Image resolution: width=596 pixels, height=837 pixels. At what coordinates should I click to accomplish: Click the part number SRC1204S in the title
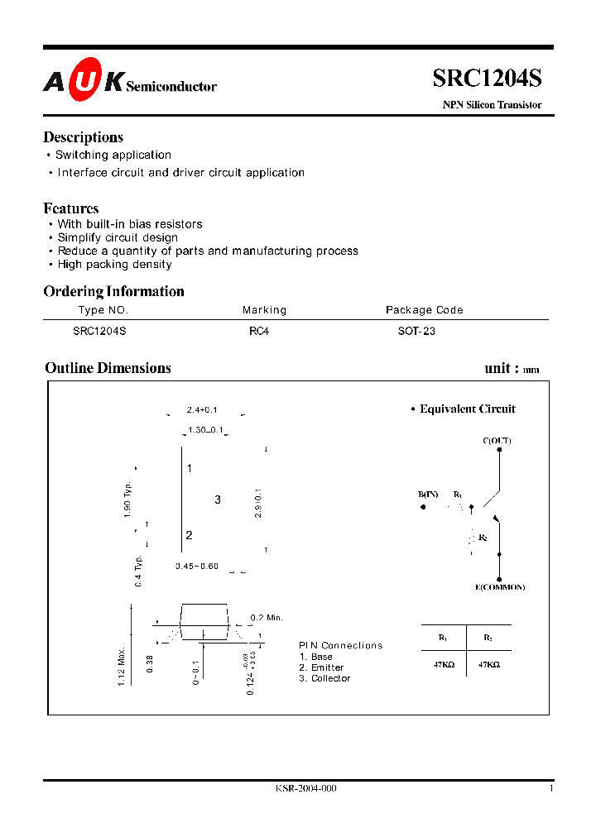click(487, 79)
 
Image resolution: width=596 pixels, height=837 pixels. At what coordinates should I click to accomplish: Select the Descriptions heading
click(83, 137)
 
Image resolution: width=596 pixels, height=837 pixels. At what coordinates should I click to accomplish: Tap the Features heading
click(71, 208)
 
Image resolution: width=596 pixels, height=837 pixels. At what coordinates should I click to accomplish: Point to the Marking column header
click(264, 310)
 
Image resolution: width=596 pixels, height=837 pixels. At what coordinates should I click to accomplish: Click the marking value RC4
click(259, 331)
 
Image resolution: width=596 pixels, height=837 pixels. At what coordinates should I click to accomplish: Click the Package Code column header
click(424, 310)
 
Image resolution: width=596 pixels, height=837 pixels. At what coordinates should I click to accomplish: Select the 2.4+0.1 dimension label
click(202, 410)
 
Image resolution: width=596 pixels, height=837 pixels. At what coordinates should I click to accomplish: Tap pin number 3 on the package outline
click(218, 500)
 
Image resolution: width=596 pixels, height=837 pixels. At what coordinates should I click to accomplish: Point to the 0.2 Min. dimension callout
click(267, 618)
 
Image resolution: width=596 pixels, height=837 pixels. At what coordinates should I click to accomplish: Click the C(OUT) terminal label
click(497, 441)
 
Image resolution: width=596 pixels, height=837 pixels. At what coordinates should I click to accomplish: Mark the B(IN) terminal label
click(428, 495)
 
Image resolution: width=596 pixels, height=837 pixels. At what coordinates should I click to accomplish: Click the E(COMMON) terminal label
click(500, 587)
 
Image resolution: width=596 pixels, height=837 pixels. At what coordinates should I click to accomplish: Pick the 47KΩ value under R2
click(488, 664)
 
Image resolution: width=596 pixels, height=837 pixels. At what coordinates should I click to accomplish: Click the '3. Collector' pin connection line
click(324, 678)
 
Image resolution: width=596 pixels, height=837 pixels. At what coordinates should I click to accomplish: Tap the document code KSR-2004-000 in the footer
click(305, 788)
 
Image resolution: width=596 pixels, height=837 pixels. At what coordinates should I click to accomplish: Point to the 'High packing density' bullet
click(114, 265)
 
